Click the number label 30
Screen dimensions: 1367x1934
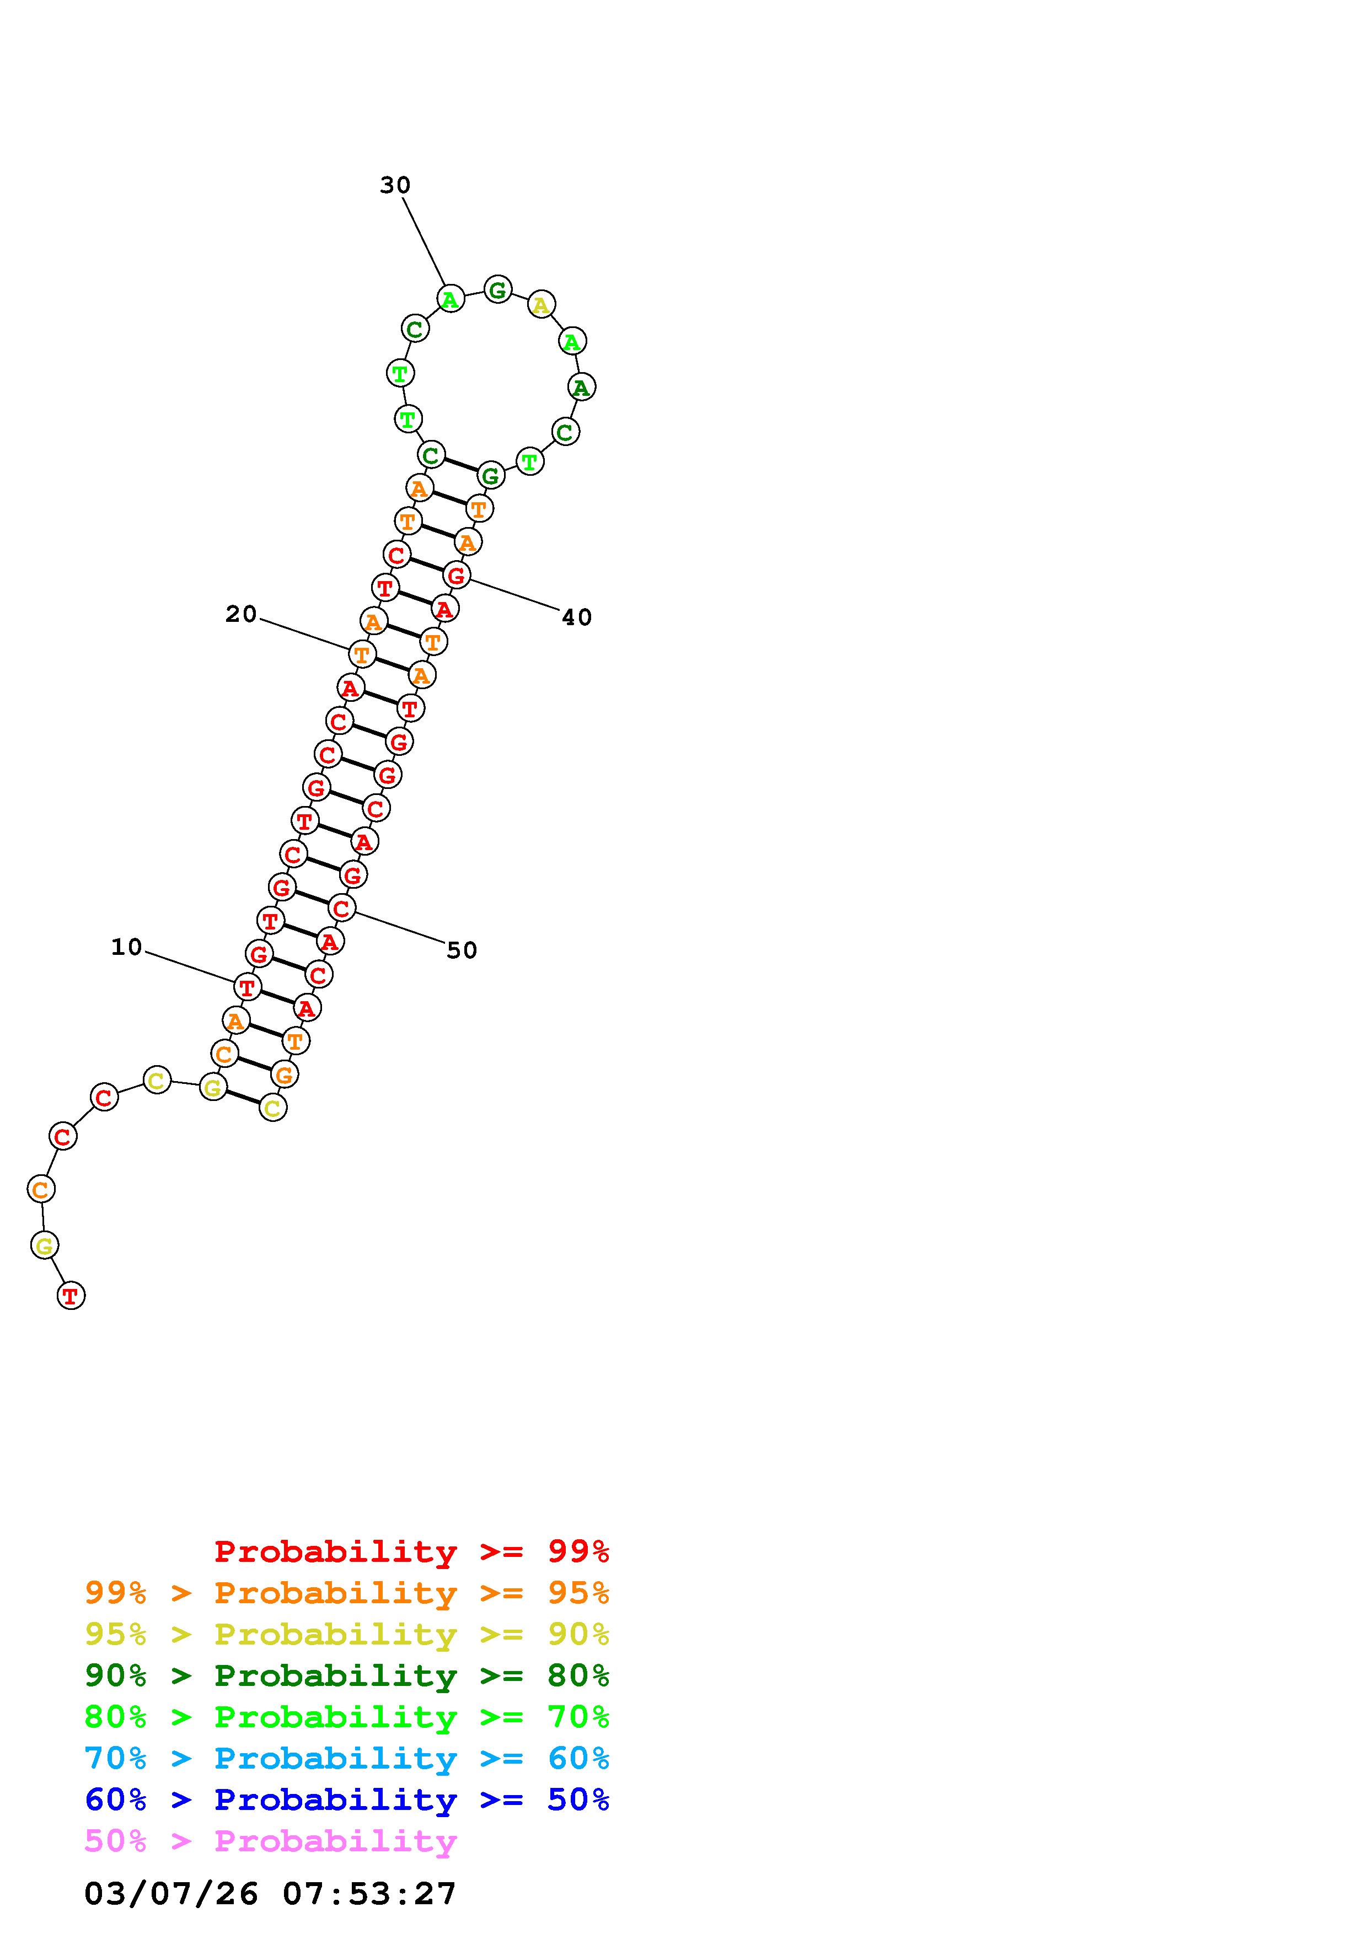(394, 185)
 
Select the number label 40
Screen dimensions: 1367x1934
(576, 617)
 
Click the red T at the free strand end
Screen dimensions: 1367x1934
(71, 1296)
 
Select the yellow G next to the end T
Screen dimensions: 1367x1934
(45, 1245)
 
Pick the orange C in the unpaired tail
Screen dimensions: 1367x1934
(40, 1189)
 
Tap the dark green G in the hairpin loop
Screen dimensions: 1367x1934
(498, 290)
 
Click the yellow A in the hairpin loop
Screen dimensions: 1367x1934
(541, 304)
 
